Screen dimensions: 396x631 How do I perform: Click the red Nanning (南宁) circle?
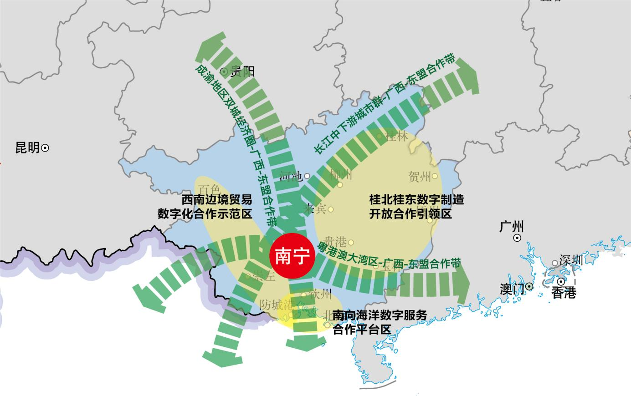(290, 256)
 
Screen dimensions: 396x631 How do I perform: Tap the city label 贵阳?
(242, 71)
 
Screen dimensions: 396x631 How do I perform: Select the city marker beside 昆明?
(45, 148)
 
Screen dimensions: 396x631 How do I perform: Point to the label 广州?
(512, 227)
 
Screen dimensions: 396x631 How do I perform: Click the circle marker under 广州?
(517, 238)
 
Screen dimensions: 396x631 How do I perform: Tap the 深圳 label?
(571, 260)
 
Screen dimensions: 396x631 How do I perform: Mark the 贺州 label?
(420, 177)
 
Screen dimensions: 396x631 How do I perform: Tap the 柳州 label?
(340, 174)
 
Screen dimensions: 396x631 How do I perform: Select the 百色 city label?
(209, 189)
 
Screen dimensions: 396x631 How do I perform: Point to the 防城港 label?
(276, 305)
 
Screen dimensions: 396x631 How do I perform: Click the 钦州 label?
(320, 294)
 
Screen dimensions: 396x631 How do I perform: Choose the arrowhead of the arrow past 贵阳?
(211, 44)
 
